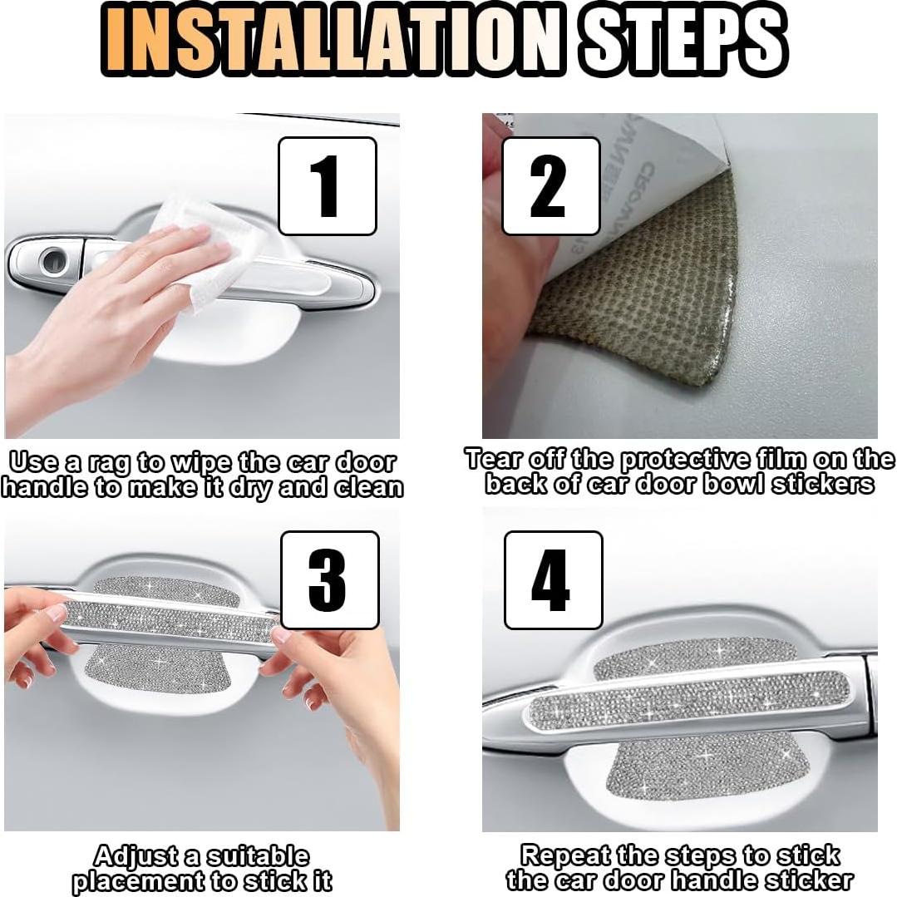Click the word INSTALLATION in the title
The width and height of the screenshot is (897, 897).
332,41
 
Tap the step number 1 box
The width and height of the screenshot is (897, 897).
328,186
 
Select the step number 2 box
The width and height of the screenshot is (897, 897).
551,186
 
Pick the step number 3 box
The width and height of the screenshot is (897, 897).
329,580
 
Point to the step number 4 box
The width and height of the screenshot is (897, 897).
553,580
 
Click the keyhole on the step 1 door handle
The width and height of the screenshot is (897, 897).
54,261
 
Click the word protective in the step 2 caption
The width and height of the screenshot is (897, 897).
684,461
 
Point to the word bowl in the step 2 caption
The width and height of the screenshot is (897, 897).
735,485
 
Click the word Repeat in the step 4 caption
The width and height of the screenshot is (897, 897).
564,855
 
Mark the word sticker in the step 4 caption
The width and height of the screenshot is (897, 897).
808,880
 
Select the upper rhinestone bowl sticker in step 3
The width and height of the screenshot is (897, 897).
166,589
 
